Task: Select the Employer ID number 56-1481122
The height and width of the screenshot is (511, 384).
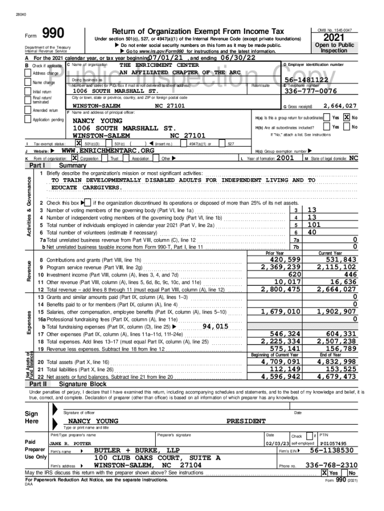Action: [306, 80]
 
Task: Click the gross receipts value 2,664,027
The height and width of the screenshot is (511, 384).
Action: [340, 106]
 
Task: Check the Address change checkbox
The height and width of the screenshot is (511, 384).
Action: [28, 73]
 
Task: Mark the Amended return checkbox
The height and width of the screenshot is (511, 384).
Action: [28, 110]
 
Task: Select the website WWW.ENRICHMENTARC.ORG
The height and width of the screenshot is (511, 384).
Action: [108, 150]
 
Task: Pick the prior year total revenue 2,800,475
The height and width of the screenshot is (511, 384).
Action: [281, 289]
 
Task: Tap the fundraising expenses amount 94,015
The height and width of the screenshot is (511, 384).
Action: [215, 326]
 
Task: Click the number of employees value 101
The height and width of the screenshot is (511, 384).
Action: [314, 225]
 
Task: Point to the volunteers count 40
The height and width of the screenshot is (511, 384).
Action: [312, 232]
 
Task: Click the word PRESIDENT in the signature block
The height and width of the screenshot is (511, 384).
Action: [246, 421]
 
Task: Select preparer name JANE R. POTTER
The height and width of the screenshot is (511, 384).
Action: [70, 443]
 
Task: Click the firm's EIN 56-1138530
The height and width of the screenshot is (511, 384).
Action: [332, 451]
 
